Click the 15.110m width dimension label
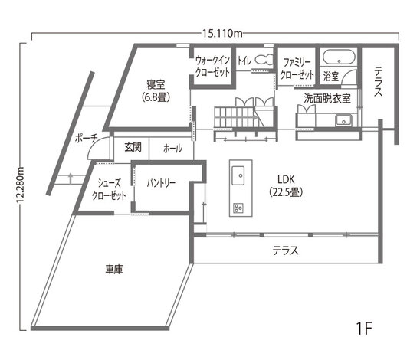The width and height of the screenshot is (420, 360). pyautogui.click(x=222, y=33)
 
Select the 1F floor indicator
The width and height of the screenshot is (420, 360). pyautogui.click(x=363, y=329)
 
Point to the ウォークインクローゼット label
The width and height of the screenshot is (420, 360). pyautogui.click(x=212, y=67)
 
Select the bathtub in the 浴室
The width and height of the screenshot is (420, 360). pyautogui.click(x=337, y=57)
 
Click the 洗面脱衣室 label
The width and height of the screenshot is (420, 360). pyautogui.click(x=327, y=98)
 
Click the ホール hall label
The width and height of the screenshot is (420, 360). pyautogui.click(x=172, y=149)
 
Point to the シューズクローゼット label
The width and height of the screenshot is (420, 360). pyautogui.click(x=110, y=190)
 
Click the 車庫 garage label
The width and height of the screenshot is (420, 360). pyautogui.click(x=116, y=269)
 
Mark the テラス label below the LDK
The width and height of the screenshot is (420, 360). pyautogui.click(x=285, y=250)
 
